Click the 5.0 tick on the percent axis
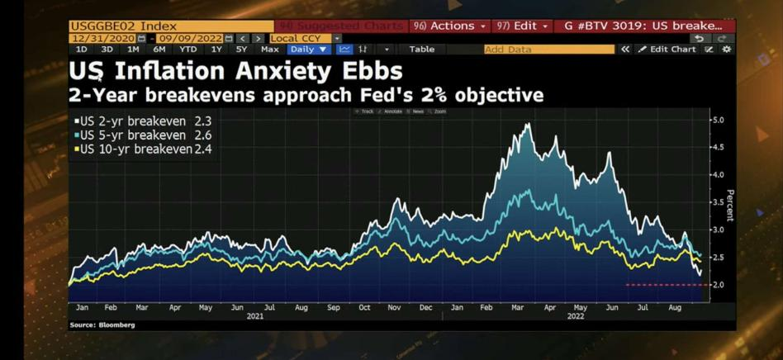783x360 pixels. click(x=718, y=120)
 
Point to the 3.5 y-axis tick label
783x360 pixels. click(x=718, y=202)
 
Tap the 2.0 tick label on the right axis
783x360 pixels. click(x=718, y=285)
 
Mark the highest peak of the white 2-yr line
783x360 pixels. click(x=527, y=124)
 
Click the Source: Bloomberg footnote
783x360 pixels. click(x=102, y=325)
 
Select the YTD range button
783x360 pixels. click(x=188, y=50)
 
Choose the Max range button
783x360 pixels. click(x=269, y=50)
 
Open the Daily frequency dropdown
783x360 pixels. click(x=308, y=50)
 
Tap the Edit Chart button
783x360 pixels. click(x=667, y=50)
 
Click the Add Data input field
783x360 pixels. click(x=548, y=50)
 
